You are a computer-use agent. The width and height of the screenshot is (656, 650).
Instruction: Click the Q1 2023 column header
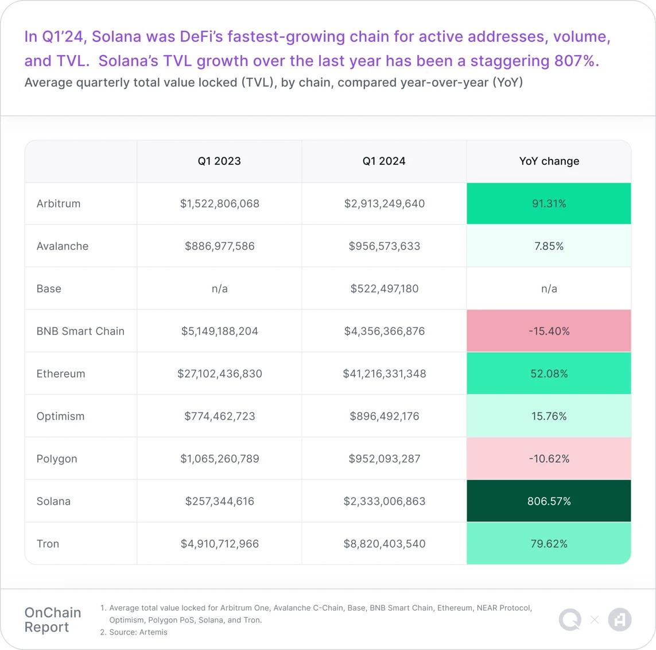click(219, 161)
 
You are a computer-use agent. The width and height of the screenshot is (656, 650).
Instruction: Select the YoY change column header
click(549, 161)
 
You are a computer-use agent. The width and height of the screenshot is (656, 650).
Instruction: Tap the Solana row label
click(53, 501)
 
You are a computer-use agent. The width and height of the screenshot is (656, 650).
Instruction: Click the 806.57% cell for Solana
click(549, 501)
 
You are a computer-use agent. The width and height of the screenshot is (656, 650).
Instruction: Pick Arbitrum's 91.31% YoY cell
click(549, 204)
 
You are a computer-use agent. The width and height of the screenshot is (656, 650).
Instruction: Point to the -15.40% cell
click(549, 331)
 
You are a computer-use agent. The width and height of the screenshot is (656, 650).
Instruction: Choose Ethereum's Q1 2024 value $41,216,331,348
click(384, 374)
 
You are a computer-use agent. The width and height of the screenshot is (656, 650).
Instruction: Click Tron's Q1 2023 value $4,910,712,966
click(219, 544)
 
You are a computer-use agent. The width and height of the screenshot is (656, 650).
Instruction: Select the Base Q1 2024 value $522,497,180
click(384, 289)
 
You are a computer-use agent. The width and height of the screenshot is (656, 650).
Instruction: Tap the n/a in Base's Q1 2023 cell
click(219, 289)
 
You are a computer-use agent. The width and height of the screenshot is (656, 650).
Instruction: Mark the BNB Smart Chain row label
click(80, 331)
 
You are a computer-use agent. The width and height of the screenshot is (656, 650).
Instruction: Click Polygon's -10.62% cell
click(549, 459)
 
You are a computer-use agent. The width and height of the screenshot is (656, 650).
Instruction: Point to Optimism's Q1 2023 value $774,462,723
click(219, 416)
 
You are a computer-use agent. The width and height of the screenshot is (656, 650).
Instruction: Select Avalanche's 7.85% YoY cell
click(549, 246)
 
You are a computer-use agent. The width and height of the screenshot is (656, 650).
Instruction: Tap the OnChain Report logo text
click(53, 620)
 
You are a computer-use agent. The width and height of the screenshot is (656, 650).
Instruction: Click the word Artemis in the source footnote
click(153, 632)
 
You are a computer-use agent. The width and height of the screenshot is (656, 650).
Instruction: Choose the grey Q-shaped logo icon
click(570, 620)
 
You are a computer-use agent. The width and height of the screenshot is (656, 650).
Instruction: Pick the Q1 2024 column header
click(384, 161)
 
